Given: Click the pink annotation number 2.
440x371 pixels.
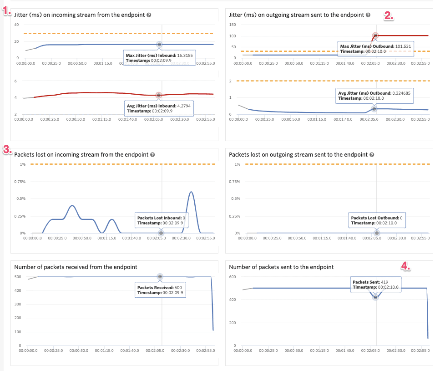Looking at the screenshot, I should tap(388, 15).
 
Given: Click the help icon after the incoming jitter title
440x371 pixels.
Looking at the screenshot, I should tap(149, 15).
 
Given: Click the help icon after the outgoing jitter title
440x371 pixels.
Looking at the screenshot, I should tap(368, 15).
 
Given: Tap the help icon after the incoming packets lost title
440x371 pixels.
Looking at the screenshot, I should tap(153, 155).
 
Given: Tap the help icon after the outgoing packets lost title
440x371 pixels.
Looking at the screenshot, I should tap(372, 155).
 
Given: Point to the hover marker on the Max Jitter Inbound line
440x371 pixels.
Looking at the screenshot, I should tap(159, 44).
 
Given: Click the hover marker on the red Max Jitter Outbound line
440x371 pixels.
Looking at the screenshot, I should tap(376, 36).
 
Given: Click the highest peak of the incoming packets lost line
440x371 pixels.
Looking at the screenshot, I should tap(192, 192).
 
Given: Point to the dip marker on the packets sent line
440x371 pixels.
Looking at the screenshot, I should tap(376, 297).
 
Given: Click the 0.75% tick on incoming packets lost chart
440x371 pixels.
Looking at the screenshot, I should tap(20, 182).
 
